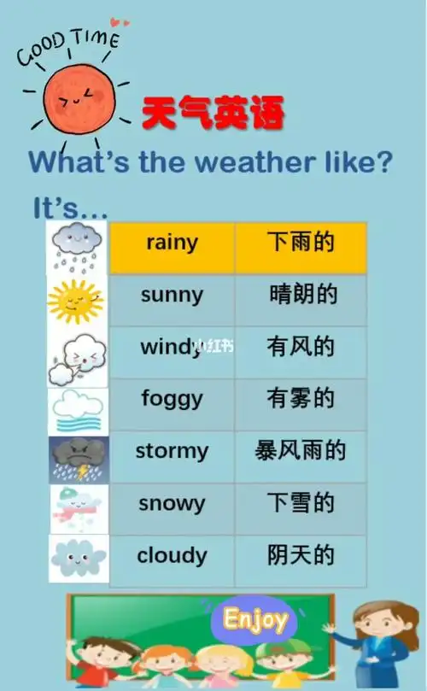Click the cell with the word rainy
[173, 243]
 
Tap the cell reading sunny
[173, 296]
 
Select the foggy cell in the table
[173, 398]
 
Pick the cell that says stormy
[173, 450]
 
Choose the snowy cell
[173, 503]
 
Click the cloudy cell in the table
[173, 555]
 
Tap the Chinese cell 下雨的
[300, 243]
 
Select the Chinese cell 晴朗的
[300, 296]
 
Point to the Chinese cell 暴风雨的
[300, 450]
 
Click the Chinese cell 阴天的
[300, 555]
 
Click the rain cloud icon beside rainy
[77, 245]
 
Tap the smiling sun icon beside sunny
[75, 299]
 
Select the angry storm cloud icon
[79, 460]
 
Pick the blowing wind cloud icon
[77, 357]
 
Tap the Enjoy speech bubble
[254, 619]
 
